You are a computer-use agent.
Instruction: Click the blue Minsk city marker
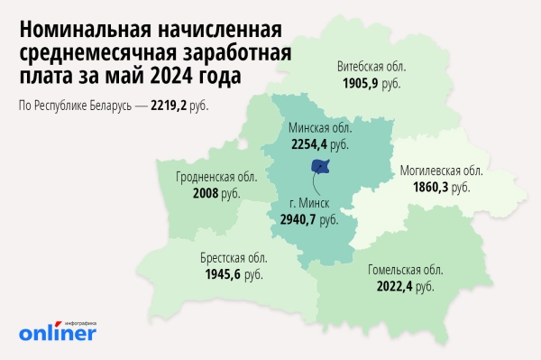click(319, 166)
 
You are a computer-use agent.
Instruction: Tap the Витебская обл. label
click(371, 67)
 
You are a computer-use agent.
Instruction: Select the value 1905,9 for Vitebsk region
click(362, 82)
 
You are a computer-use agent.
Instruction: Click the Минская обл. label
click(319, 128)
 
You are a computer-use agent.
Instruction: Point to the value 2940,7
click(300, 219)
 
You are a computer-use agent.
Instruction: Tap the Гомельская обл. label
click(406, 270)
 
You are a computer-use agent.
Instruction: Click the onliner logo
click(57, 332)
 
